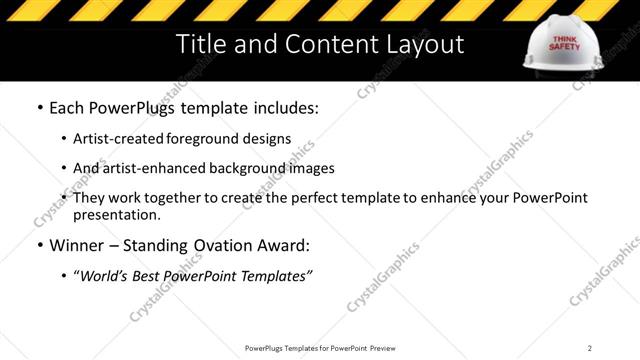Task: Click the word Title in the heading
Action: tap(199, 45)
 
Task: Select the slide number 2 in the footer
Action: tap(590, 348)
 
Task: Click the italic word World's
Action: tap(108, 275)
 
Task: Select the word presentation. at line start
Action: tap(116, 214)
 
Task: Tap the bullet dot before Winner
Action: tap(39, 246)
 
